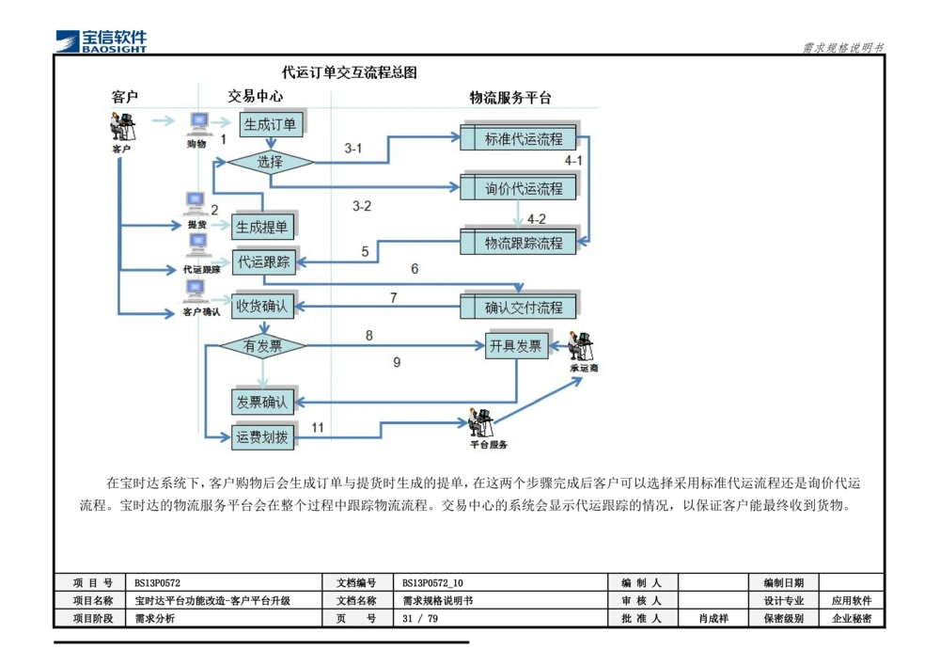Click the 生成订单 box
coord(270,124)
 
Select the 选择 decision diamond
coord(270,162)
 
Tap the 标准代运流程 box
coord(523,139)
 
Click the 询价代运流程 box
coord(523,189)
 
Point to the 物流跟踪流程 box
coord(523,244)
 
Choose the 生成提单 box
coord(262,227)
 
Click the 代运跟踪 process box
coord(264,261)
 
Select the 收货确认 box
coord(264,306)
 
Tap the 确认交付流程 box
coord(523,308)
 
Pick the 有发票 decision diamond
coord(262,346)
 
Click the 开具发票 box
coord(516,345)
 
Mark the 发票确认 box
coord(262,402)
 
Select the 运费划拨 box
coord(262,437)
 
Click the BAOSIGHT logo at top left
coord(102,40)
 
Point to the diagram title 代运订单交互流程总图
coord(349,72)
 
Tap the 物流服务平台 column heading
coord(510,98)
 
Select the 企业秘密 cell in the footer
coord(852,619)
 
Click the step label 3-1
coord(353,149)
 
